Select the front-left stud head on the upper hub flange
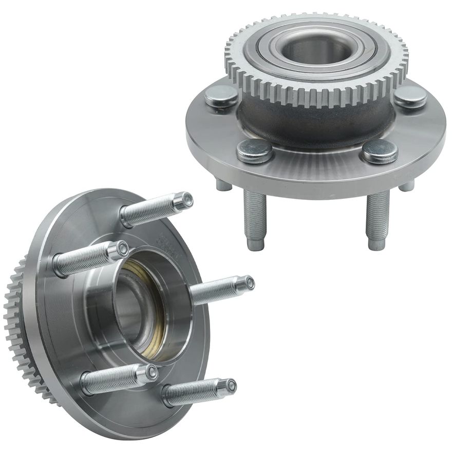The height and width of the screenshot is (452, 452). click(x=254, y=150)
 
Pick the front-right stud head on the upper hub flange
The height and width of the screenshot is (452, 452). click(x=380, y=150)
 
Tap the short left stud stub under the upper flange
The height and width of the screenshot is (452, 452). click(x=224, y=185)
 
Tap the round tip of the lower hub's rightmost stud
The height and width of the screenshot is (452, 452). click(x=249, y=282)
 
